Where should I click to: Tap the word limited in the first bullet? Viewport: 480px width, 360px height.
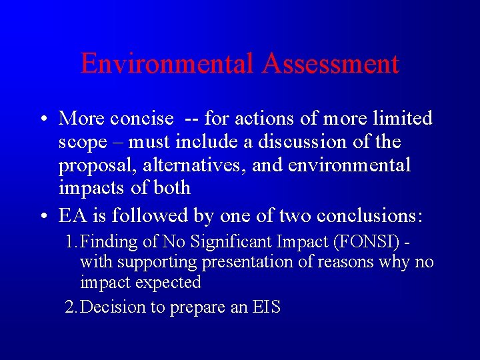402,119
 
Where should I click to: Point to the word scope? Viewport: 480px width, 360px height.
83,142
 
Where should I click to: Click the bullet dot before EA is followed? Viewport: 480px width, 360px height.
42,217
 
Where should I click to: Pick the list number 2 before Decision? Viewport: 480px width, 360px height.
70,307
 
